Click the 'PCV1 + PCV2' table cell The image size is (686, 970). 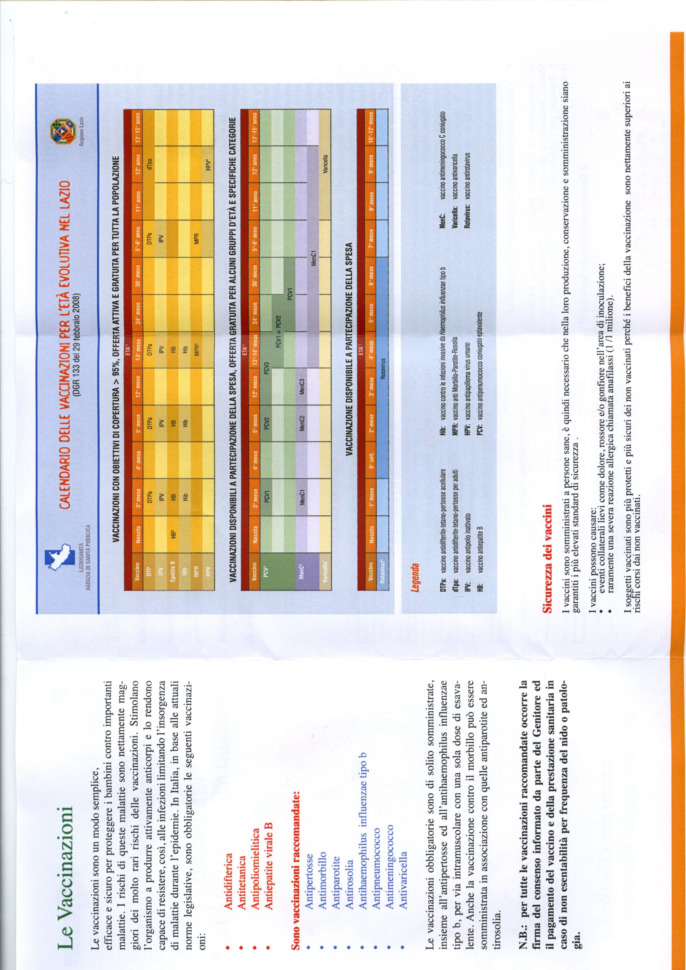click(x=278, y=332)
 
